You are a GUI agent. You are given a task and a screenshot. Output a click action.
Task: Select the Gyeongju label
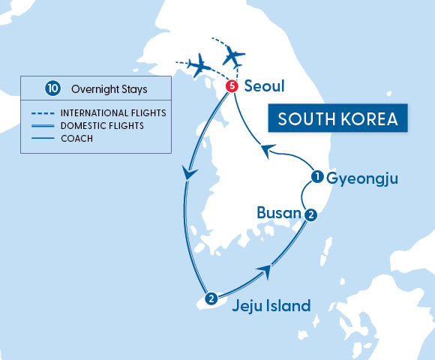tap(361, 178)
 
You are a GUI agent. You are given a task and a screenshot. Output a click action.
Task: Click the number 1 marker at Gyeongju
tap(317, 178)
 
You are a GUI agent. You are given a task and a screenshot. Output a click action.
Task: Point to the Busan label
tap(279, 212)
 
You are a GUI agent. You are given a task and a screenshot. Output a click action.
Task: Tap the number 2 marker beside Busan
tap(311, 214)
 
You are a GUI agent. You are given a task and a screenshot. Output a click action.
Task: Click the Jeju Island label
tap(271, 305)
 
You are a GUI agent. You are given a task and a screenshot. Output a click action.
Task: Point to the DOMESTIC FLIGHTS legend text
tap(102, 125)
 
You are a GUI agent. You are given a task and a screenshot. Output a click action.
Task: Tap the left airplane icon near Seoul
tap(199, 66)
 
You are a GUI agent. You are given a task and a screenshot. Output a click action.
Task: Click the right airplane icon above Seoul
tap(235, 55)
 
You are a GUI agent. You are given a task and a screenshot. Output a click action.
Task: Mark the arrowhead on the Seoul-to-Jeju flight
tap(190, 173)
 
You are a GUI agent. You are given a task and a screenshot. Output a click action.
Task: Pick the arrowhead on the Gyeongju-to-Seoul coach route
tap(265, 151)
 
